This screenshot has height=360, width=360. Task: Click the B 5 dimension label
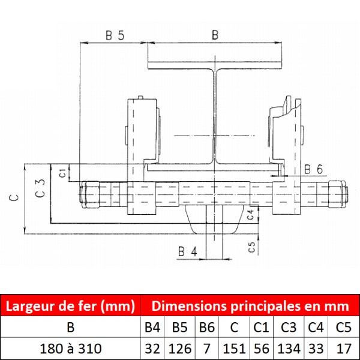pyautogui.click(x=115, y=35)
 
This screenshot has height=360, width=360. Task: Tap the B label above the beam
pyautogui.click(x=215, y=35)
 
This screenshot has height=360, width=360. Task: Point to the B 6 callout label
pyautogui.click(x=313, y=169)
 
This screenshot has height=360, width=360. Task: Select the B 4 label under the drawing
pyautogui.click(x=188, y=251)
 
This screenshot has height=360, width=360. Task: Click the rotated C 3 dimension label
pyautogui.click(x=40, y=188)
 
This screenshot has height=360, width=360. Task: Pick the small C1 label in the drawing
pyautogui.click(x=62, y=173)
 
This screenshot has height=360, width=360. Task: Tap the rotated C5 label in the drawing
pyautogui.click(x=252, y=247)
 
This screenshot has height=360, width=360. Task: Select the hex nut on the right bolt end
pyautogui.click(x=337, y=194)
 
